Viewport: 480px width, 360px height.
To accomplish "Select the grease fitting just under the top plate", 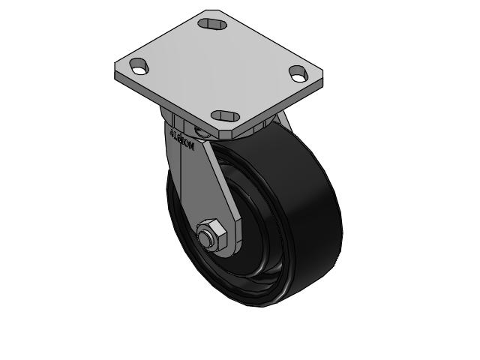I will click(199, 133).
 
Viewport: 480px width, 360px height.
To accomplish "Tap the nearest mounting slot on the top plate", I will click(226, 115).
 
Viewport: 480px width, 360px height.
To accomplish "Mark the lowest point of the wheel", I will click(259, 307).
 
